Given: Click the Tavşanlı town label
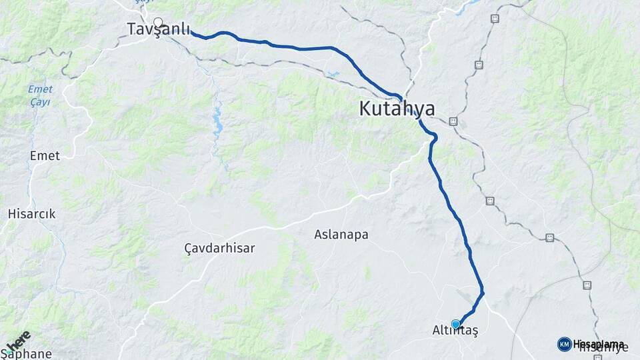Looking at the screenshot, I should pyautogui.click(x=159, y=29).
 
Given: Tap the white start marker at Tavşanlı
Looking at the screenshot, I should pyautogui.click(x=158, y=21).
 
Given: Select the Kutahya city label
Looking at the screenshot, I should pyautogui.click(x=397, y=109).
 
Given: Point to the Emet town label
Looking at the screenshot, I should pyautogui.click(x=45, y=156).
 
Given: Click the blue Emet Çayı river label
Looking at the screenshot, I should pyautogui.click(x=40, y=96).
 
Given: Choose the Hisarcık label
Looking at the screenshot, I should pyautogui.click(x=31, y=214).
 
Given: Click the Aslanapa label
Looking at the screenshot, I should pyautogui.click(x=341, y=235).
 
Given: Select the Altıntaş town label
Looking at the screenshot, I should pyautogui.click(x=455, y=330).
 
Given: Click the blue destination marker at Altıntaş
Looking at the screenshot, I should pyautogui.click(x=455, y=324).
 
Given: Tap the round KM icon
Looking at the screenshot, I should pyautogui.click(x=564, y=344).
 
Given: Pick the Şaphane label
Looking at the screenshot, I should pyautogui.click(x=25, y=354).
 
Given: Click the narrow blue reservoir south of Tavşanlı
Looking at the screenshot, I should pyautogui.click(x=217, y=125).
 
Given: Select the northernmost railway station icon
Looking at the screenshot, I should pyautogui.click(x=495, y=19).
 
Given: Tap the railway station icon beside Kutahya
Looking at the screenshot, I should pyautogui.click(x=453, y=121).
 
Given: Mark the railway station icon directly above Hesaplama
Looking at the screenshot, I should pyautogui.click(x=587, y=285).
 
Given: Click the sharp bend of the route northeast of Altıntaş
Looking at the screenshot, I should pyautogui.click(x=482, y=293).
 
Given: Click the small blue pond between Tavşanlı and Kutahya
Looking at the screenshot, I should pyautogui.click(x=332, y=75).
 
